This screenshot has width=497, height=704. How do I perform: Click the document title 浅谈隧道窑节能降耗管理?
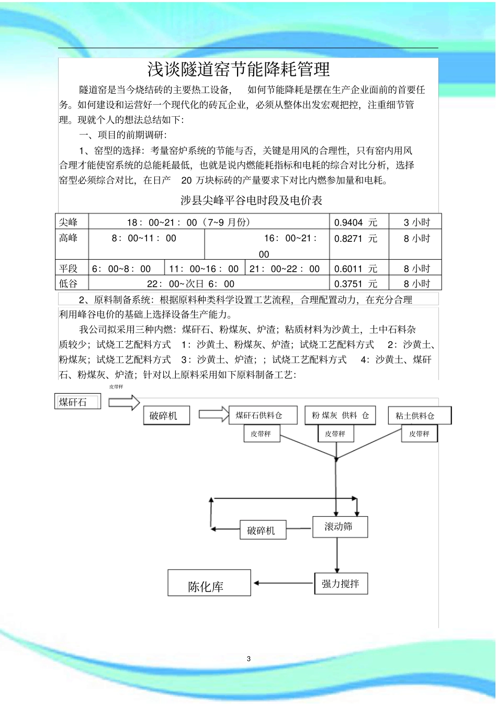[239, 70]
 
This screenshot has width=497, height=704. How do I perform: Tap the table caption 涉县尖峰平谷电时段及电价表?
[251, 200]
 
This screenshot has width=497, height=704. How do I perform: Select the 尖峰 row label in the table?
[69, 222]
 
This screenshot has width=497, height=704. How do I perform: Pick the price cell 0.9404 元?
[356, 222]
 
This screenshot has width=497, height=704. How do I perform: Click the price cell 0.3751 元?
[356, 284]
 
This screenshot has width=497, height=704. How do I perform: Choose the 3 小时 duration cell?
[416, 222]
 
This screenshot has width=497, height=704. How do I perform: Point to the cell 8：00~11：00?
[144, 239]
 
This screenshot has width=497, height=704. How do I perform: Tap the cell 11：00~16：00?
[204, 269]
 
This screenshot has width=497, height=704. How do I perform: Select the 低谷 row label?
[69, 284]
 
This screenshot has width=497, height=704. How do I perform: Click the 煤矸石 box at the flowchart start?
[77, 402]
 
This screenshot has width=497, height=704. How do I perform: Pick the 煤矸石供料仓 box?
[263, 416]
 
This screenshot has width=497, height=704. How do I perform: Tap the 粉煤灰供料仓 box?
[340, 416]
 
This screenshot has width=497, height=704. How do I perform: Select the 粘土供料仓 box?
[419, 416]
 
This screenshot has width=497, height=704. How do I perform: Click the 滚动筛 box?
[340, 527]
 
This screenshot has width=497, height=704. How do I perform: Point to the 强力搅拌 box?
[341, 584]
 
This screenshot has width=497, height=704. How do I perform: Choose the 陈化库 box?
[209, 583]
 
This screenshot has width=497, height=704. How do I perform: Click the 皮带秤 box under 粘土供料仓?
[419, 434]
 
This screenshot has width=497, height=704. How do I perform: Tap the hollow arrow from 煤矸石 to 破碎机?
[124, 402]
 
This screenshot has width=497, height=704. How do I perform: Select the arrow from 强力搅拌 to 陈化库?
[283, 583]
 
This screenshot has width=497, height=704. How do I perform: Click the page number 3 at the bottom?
[249, 658]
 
